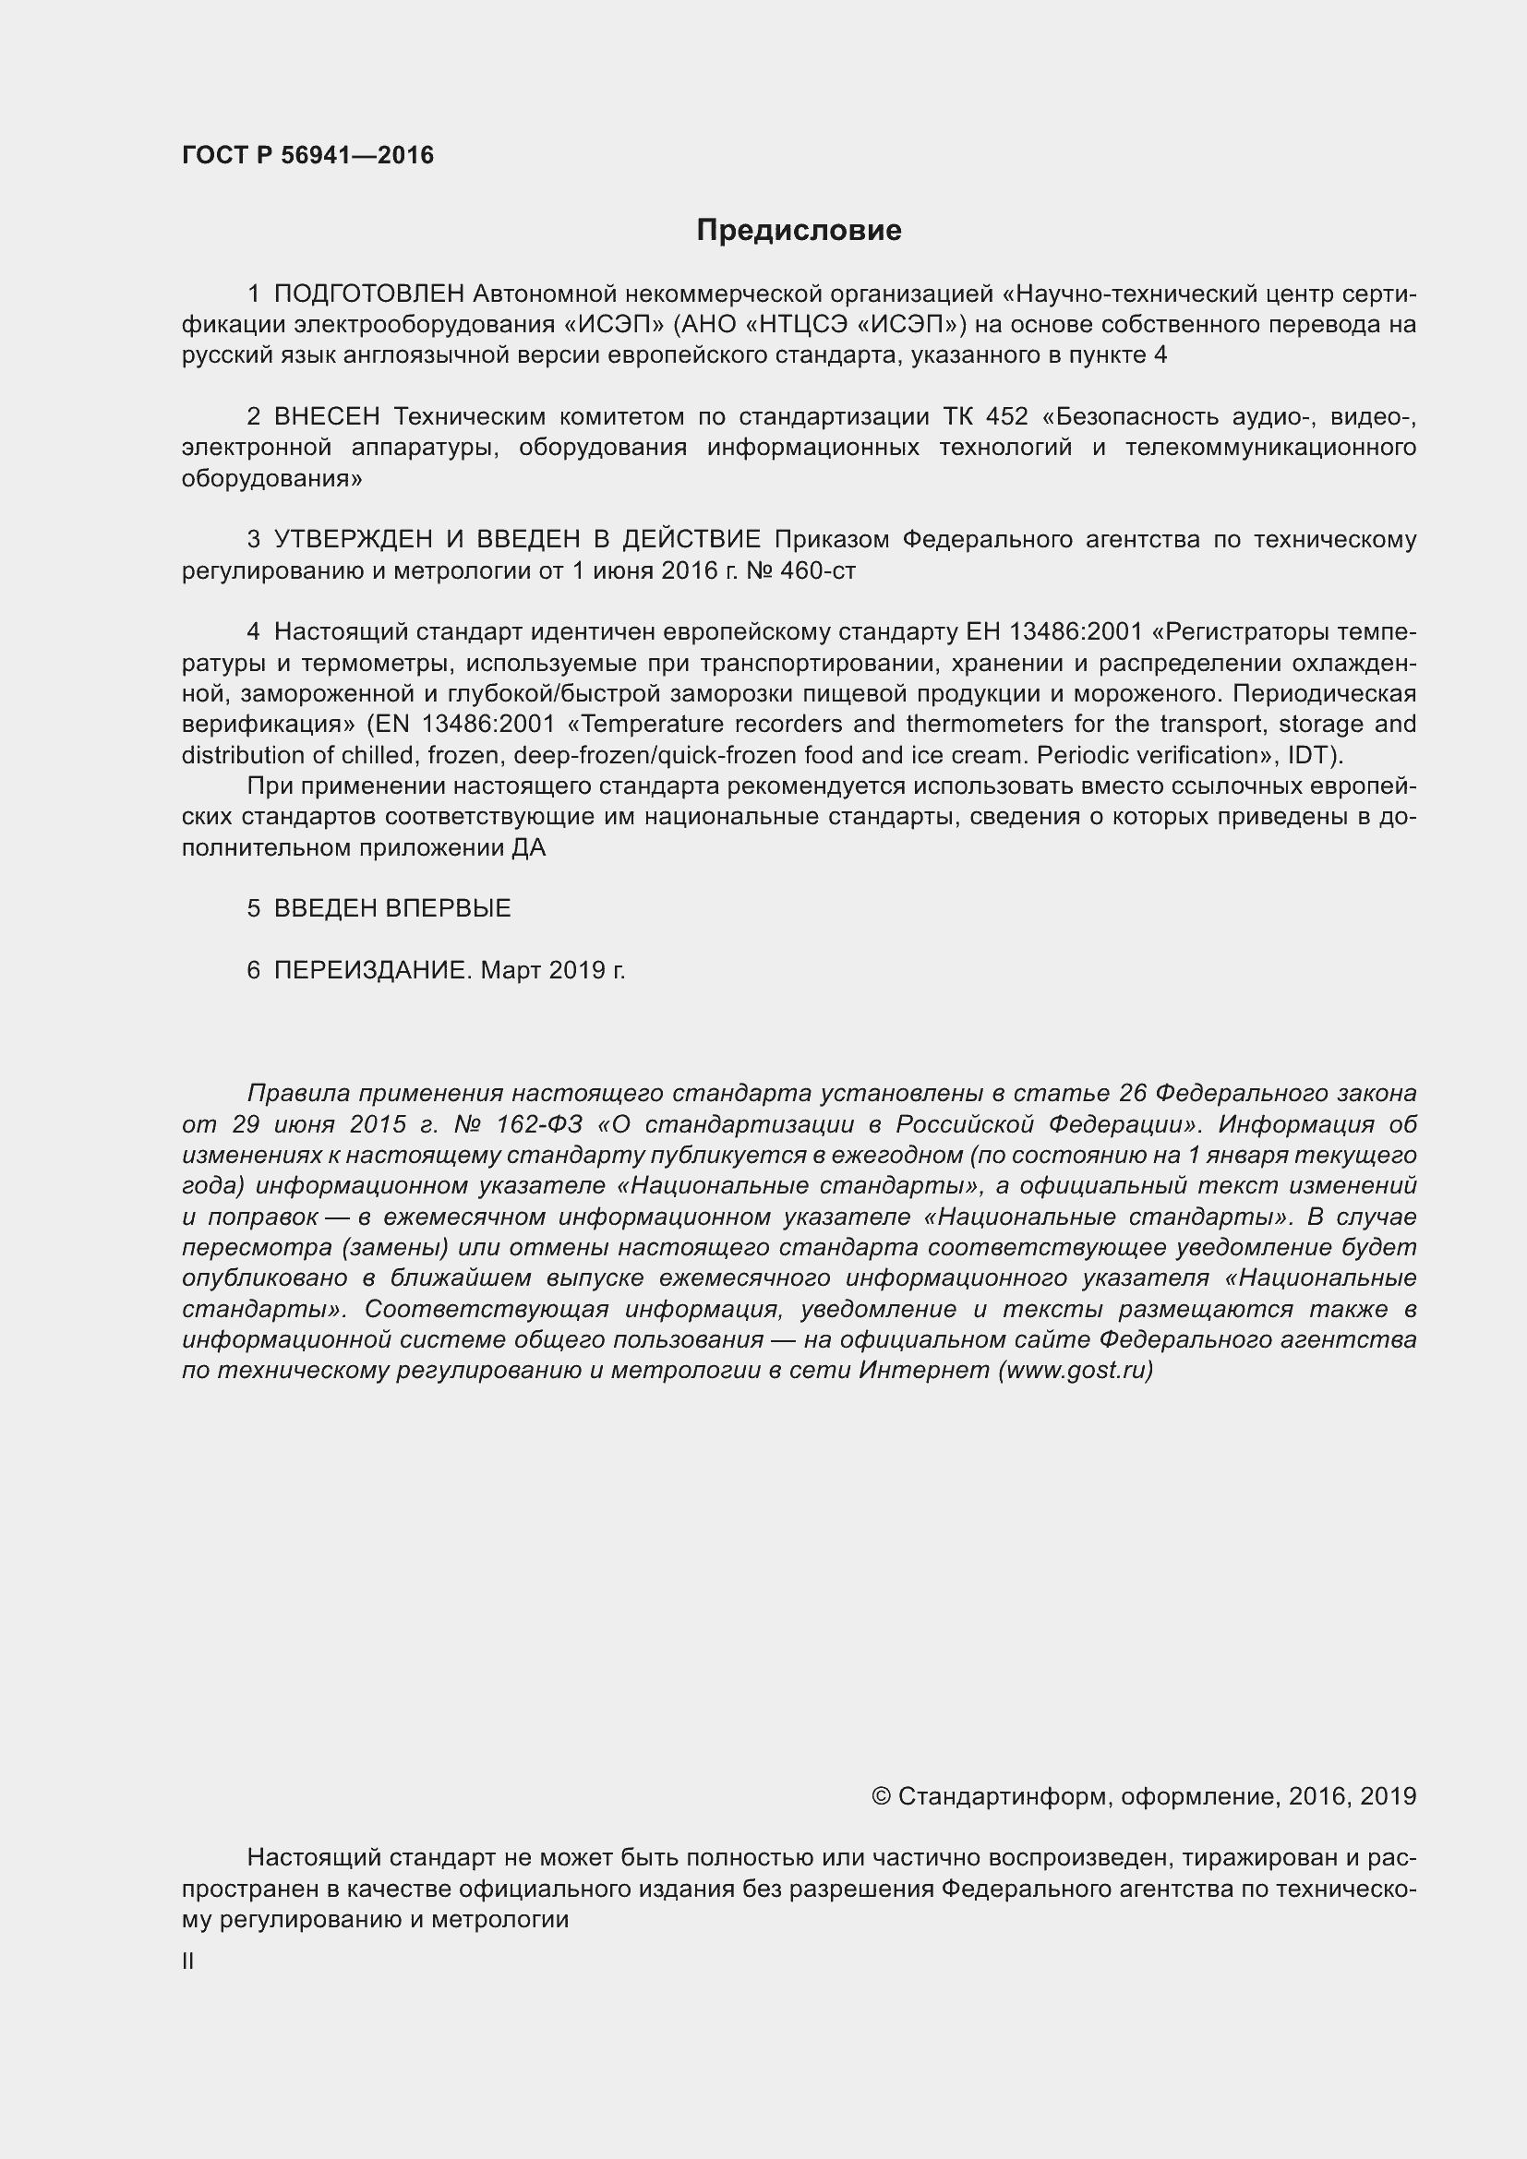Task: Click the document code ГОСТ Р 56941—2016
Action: coord(307,155)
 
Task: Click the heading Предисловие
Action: coord(799,231)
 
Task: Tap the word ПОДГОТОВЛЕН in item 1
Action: coord(368,294)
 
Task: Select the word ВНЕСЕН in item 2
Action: coord(326,416)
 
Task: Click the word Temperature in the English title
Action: coord(645,724)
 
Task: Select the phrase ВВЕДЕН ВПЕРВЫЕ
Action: coord(392,908)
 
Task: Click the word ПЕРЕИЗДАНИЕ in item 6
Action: coord(369,970)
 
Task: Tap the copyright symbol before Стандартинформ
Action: coord(881,1797)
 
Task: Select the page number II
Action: coord(188,1961)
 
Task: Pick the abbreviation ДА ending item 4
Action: coord(528,848)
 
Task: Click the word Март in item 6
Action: coord(511,970)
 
